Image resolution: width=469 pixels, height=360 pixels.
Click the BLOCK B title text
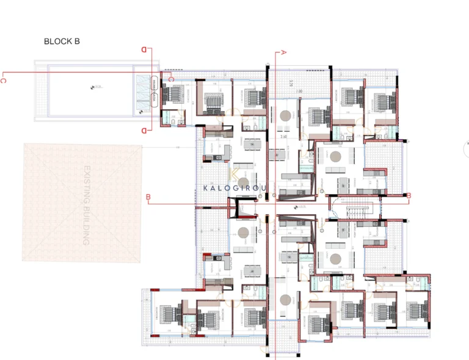point(62,42)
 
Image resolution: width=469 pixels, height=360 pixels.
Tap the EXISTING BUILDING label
point(86,205)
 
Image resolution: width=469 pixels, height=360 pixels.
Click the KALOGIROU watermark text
point(236,189)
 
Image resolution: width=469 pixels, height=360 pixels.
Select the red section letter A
point(283,52)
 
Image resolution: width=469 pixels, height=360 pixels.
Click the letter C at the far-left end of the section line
point(4,79)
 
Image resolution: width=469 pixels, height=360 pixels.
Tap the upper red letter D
point(145,51)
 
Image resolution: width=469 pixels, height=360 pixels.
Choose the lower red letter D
point(145,130)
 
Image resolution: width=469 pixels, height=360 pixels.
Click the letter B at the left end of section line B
point(148,196)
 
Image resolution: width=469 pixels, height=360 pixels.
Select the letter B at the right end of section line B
point(409,196)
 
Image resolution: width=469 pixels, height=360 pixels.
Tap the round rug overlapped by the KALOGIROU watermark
point(244,182)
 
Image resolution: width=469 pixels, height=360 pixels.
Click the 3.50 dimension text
point(283,137)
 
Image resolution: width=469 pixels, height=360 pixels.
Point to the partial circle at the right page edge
point(467,146)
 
